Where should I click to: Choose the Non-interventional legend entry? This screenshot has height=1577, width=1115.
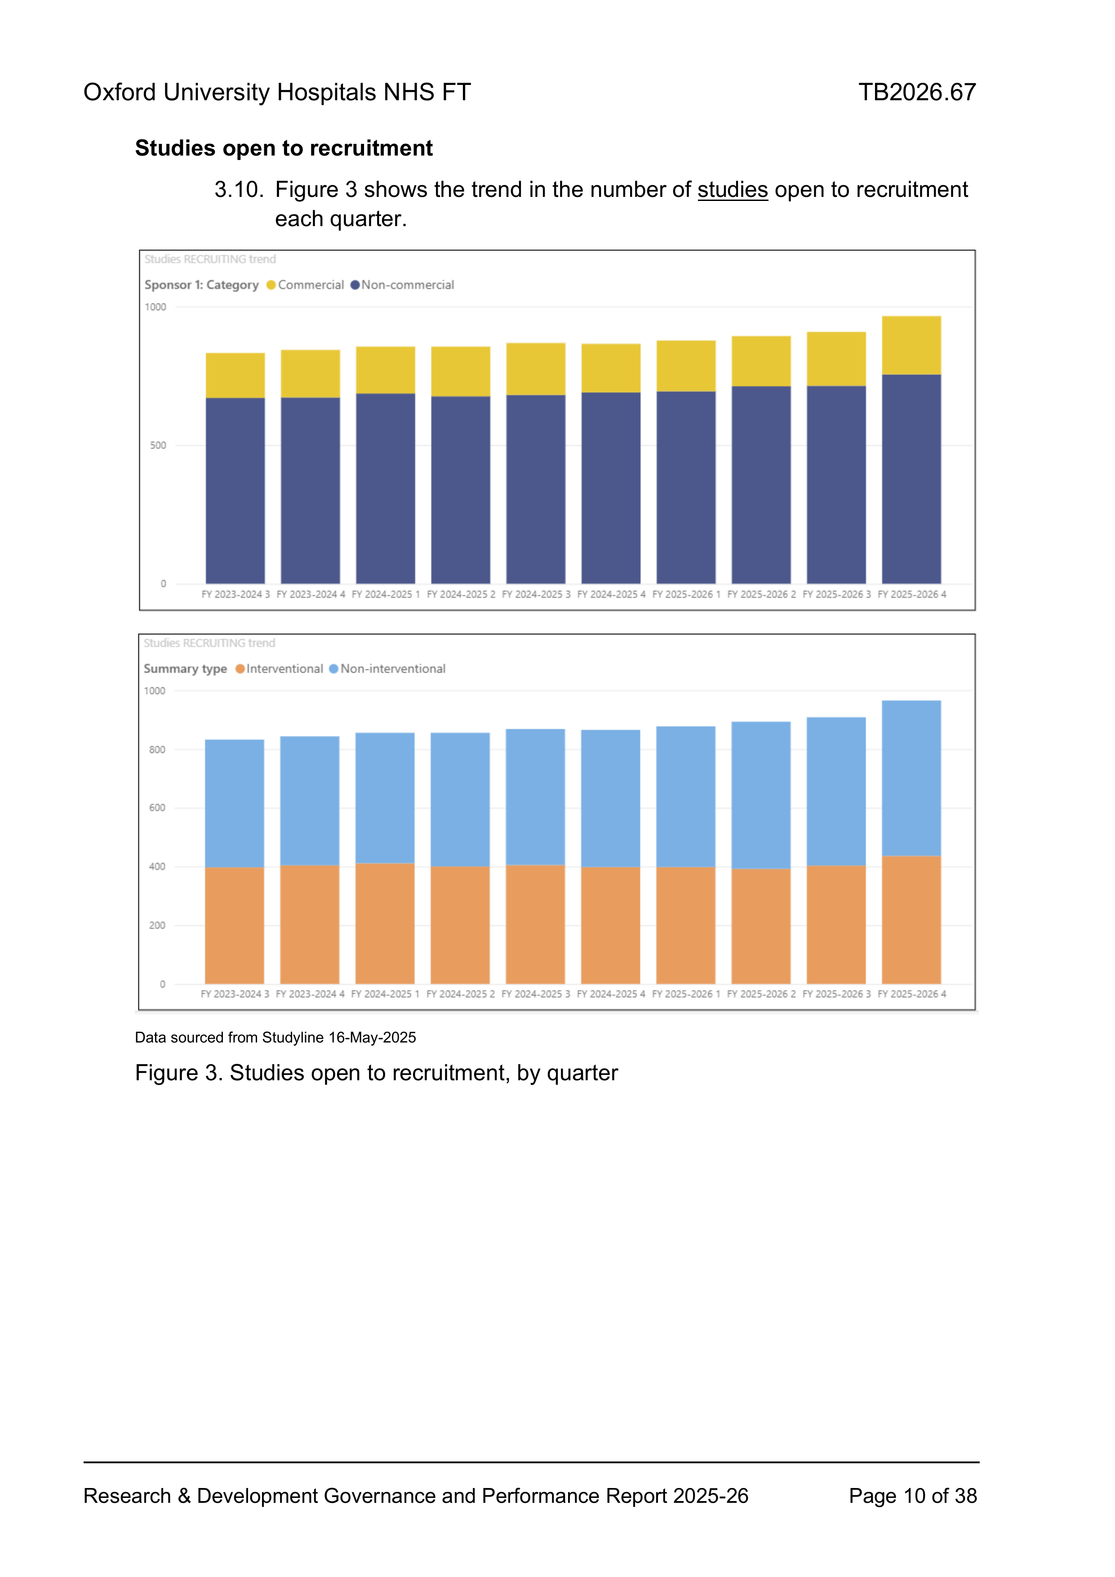pyautogui.click(x=387, y=669)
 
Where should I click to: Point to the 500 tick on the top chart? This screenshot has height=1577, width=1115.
pyautogui.click(x=158, y=446)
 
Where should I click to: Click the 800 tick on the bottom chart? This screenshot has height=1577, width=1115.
pyautogui.click(x=157, y=750)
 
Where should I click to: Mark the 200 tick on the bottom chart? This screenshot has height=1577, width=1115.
pyautogui.click(x=157, y=926)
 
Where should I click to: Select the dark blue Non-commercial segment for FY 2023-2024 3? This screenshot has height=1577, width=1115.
pyautogui.click(x=235, y=491)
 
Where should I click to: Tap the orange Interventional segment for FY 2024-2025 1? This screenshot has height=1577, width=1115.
pyautogui.click(x=385, y=924)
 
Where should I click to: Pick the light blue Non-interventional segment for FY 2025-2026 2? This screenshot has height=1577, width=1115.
pyautogui.click(x=761, y=795)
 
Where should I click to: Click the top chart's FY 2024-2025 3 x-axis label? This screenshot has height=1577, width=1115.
pyautogui.click(x=536, y=595)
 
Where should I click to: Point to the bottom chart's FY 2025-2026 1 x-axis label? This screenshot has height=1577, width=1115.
pyautogui.click(x=686, y=994)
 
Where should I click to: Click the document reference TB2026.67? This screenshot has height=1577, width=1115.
pyautogui.click(x=917, y=92)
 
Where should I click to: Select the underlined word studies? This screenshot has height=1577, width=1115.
pyautogui.click(x=733, y=190)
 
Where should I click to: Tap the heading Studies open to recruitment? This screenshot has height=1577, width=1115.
pyautogui.click(x=284, y=148)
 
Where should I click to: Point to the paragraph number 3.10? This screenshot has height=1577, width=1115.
pyautogui.click(x=239, y=190)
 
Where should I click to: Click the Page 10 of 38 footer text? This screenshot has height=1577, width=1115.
pyautogui.click(x=912, y=1496)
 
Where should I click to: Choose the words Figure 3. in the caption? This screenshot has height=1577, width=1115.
pyautogui.click(x=179, y=1073)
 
